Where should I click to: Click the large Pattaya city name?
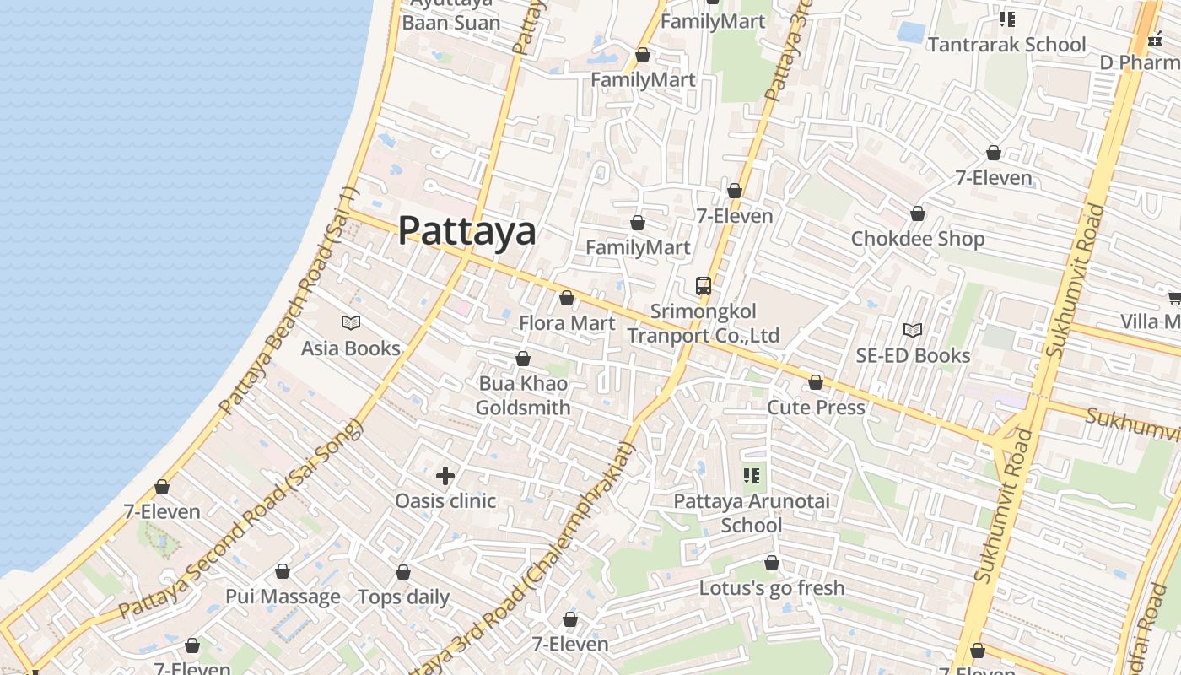click(x=466, y=230)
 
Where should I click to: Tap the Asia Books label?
click(x=350, y=348)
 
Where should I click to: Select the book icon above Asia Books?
click(x=350, y=322)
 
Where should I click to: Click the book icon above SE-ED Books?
click(x=912, y=330)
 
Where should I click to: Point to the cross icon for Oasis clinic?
click(x=445, y=476)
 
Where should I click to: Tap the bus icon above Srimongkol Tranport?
click(x=703, y=285)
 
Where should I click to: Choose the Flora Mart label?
click(x=567, y=323)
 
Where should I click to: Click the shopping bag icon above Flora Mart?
click(x=567, y=298)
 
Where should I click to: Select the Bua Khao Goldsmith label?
click(x=523, y=396)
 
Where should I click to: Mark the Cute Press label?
click(x=816, y=408)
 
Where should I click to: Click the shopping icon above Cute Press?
click(x=816, y=382)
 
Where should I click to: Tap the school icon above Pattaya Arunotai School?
click(x=751, y=476)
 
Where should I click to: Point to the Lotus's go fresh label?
click(x=772, y=588)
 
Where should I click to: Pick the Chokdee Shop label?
click(x=918, y=239)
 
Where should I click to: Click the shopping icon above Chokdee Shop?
click(x=918, y=213)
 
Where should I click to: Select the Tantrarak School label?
click(x=1006, y=44)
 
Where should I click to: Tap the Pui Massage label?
click(x=283, y=597)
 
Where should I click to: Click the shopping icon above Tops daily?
click(x=403, y=572)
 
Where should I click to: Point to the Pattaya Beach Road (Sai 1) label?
click(x=289, y=300)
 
